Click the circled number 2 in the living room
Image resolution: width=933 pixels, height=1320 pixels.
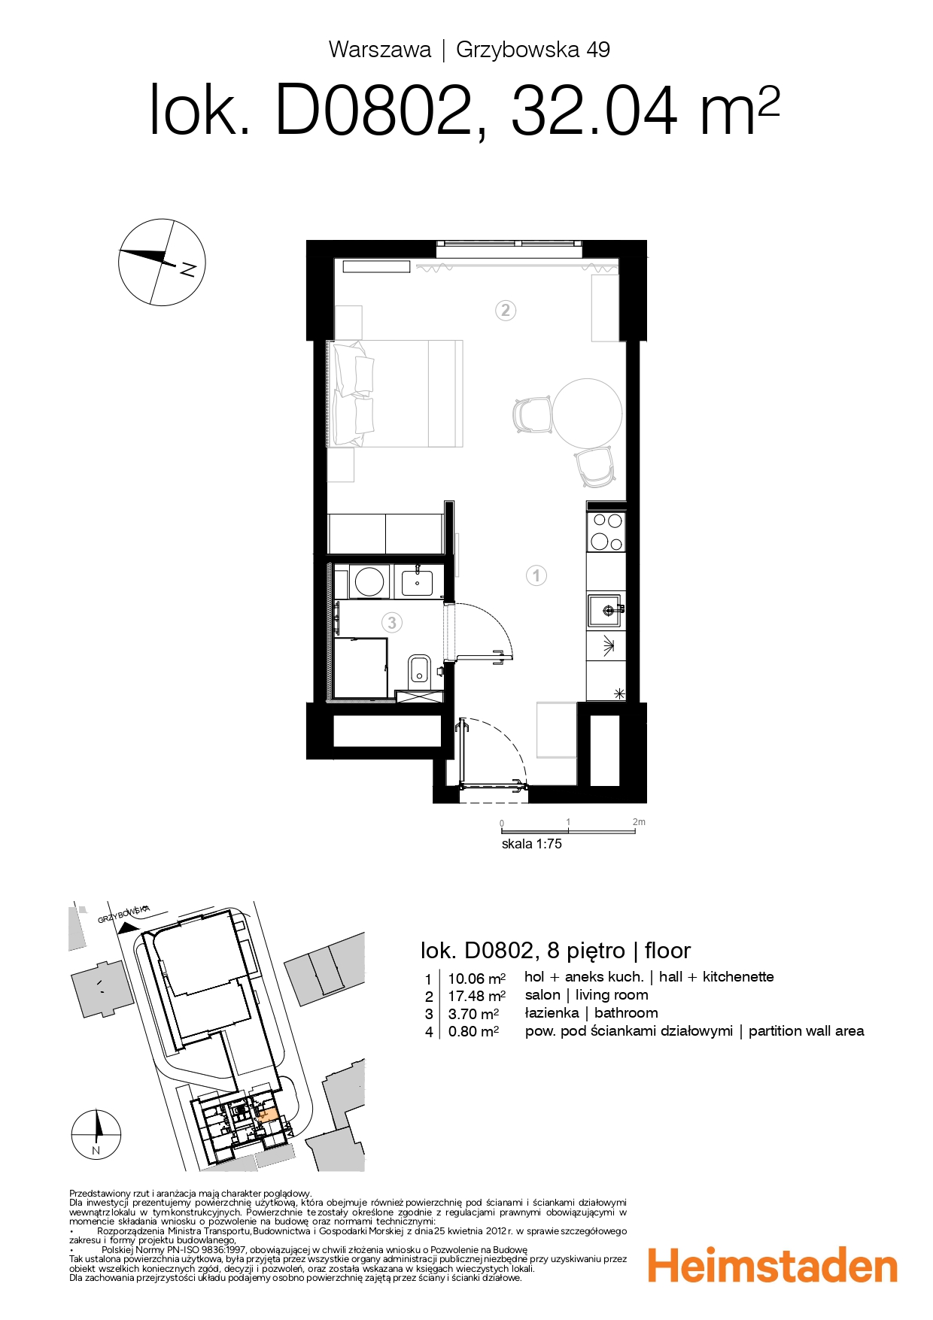(506, 310)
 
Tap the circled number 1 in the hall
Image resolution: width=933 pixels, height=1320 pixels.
(536, 576)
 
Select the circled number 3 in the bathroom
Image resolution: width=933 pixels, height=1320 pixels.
(391, 623)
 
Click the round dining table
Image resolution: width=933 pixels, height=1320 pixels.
(588, 413)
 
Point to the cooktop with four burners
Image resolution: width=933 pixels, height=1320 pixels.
(606, 531)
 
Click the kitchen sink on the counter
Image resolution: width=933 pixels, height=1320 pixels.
(605, 610)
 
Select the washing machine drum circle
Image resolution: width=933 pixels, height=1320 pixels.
(369, 581)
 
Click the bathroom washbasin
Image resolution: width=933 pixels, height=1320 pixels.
(417, 581)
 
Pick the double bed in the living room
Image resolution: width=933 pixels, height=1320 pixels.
(395, 393)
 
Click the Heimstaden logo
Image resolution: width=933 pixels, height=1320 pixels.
(773, 1266)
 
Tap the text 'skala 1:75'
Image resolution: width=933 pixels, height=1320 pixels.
(531, 844)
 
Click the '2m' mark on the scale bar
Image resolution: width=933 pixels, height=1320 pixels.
(639, 822)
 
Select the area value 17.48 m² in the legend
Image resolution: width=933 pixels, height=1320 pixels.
(476, 996)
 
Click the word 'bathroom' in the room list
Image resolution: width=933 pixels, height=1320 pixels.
(626, 1013)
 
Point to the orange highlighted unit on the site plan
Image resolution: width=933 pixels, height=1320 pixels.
(266, 1115)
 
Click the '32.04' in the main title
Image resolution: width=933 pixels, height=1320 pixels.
(594, 111)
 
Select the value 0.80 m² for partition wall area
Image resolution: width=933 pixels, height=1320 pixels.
(473, 1032)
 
